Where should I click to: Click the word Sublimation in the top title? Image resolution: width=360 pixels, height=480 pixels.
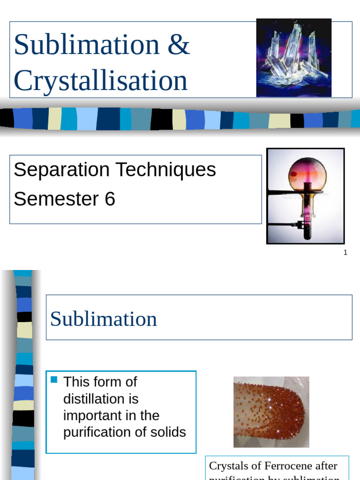87,45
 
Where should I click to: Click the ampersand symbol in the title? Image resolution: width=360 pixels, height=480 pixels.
178,45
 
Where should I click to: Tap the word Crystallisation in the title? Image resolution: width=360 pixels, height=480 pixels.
101,81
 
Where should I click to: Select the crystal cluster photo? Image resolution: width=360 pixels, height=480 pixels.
294,58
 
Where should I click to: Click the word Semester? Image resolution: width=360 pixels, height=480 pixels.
52,199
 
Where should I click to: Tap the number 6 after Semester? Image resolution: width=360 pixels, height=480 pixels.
110,199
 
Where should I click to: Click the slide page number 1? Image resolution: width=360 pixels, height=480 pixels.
345,253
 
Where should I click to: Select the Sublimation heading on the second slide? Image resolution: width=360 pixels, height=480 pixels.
104,319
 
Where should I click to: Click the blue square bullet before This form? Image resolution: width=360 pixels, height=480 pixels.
53,380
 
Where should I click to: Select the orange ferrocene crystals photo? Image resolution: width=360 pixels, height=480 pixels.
271,412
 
